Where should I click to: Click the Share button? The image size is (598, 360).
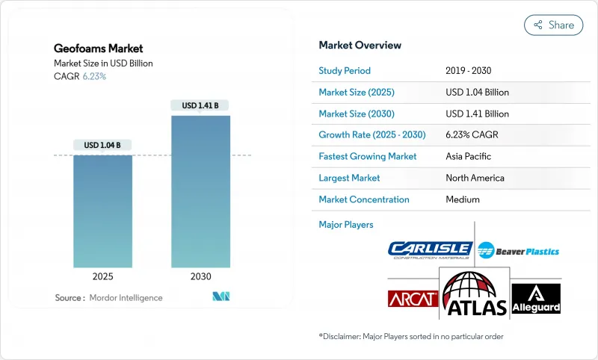click(x=553, y=25)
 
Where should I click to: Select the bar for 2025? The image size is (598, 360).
click(x=102, y=211)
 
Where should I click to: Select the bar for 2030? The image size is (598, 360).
click(x=200, y=191)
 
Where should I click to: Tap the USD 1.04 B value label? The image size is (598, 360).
click(x=102, y=145)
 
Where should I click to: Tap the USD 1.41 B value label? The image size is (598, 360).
click(x=200, y=105)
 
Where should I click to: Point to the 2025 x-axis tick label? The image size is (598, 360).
click(x=102, y=276)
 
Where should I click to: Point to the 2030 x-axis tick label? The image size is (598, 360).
click(x=200, y=276)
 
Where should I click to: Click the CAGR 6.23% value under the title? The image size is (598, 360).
click(x=93, y=76)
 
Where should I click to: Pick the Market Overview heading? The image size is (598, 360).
click(x=360, y=46)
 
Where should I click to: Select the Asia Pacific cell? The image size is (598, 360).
click(x=468, y=157)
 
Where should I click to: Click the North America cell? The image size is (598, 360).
click(x=474, y=178)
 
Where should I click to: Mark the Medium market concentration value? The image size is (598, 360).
click(x=462, y=199)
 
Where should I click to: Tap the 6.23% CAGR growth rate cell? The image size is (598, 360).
click(x=472, y=135)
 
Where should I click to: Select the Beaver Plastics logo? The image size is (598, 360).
click(x=518, y=251)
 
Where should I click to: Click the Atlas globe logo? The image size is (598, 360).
click(x=475, y=294)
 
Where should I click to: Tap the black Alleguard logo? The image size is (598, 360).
click(x=536, y=299)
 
